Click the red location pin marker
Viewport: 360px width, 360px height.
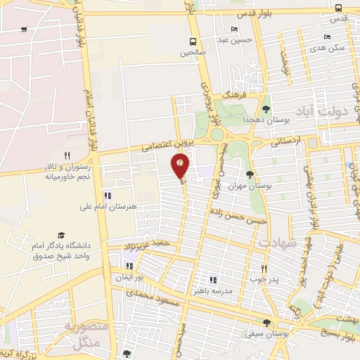point(181,166)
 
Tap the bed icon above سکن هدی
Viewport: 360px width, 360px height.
point(326,37)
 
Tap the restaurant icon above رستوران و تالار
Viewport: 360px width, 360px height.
point(67,155)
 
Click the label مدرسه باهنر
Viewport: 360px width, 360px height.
point(212,290)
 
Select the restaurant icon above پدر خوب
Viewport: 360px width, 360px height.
point(264,269)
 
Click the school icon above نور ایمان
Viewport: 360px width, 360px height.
point(129,266)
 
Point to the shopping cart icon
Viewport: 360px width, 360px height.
point(25,30)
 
